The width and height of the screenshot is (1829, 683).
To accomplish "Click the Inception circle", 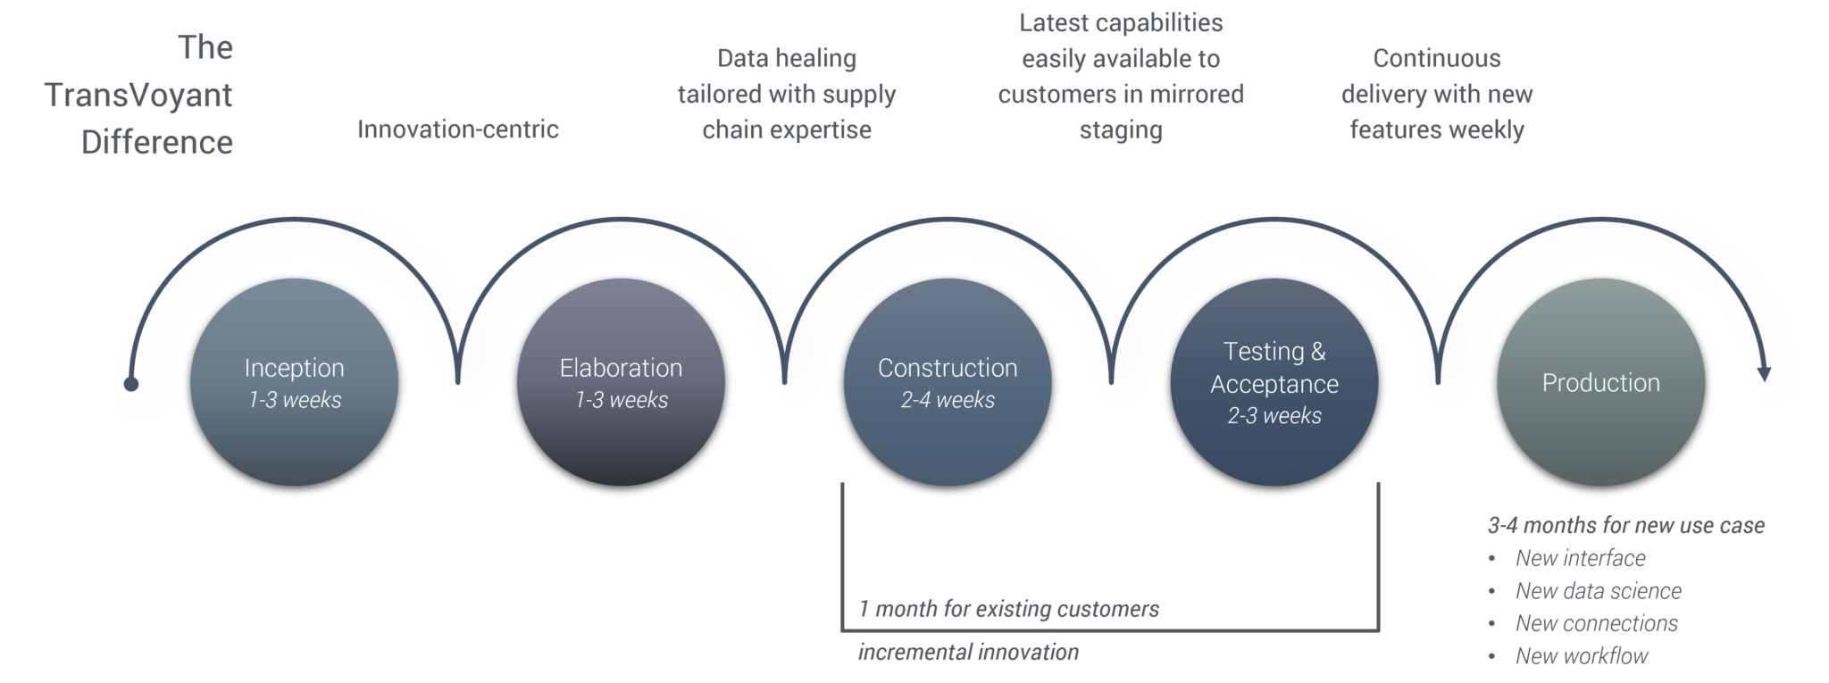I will click(x=294, y=381).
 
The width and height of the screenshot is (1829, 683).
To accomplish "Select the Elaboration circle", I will click(x=621, y=381).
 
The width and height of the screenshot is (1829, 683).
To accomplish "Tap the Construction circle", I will click(x=948, y=381).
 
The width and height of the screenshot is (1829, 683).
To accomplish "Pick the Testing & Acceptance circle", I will click(x=1274, y=381).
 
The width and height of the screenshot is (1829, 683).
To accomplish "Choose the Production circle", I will click(x=1600, y=381).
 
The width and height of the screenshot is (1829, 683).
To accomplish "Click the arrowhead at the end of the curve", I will click(x=1763, y=373).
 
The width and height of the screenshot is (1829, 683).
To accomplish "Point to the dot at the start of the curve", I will click(x=131, y=384).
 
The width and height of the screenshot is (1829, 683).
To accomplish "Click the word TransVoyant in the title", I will click(x=138, y=95).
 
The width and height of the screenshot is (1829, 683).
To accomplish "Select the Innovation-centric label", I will click(x=457, y=129).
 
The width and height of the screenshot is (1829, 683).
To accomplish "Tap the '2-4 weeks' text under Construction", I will click(x=948, y=400).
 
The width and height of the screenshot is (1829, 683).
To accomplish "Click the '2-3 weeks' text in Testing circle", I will click(x=1274, y=416).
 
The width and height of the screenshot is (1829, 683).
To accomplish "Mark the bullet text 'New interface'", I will click(x=1580, y=558).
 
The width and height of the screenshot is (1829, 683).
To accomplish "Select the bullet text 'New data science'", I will click(x=1598, y=591).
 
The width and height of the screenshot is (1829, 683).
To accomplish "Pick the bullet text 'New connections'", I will click(x=1596, y=623).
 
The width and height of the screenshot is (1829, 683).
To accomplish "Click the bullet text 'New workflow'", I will click(x=1581, y=656).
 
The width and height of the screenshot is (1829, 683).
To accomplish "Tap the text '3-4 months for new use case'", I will click(x=1625, y=525).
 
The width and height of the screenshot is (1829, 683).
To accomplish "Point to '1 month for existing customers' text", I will click(x=1008, y=609).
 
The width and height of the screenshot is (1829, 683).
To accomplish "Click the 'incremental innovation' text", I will click(x=968, y=652).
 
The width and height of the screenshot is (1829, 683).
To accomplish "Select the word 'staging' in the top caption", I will click(x=1120, y=130).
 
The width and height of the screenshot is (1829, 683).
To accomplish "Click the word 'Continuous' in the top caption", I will click(x=1436, y=59).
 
